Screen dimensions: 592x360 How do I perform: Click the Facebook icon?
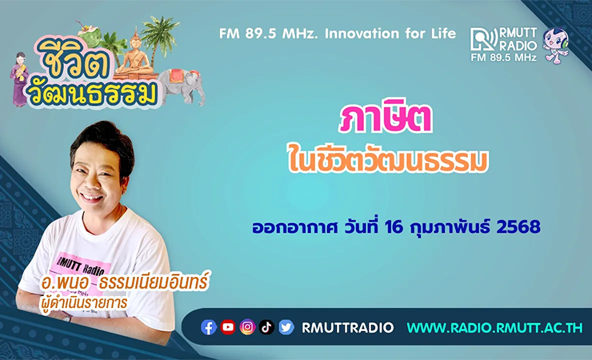tap(209, 327)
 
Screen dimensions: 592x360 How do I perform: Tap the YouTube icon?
tap(228, 327)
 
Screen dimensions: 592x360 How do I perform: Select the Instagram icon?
tap(248, 327)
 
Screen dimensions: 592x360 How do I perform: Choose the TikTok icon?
tap(266, 327)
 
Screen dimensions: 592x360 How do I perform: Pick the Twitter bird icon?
tap(286, 327)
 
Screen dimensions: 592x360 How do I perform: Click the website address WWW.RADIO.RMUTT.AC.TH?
tap(495, 327)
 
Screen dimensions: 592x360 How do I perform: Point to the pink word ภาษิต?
tap(386, 118)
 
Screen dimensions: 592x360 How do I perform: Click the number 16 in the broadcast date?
tap(394, 227)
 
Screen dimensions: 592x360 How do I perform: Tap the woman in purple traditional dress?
tap(18, 80)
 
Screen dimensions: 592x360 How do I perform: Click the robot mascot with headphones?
tap(555, 46)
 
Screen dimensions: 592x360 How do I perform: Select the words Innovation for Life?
tap(390, 34)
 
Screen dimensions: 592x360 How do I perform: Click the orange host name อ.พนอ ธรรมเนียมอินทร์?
tap(125, 282)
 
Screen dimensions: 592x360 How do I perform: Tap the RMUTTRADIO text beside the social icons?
tap(347, 327)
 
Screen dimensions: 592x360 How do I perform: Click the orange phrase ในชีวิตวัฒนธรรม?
tap(388, 159)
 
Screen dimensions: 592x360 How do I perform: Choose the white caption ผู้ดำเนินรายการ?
tap(84, 302)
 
